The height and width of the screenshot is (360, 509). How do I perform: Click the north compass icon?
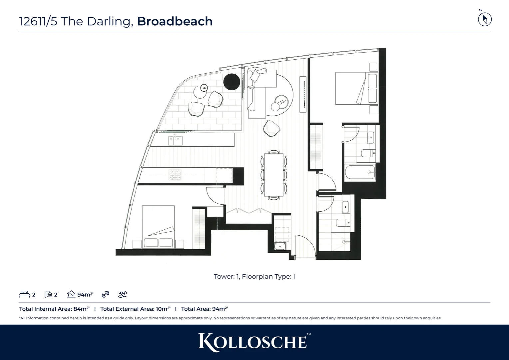(485, 19)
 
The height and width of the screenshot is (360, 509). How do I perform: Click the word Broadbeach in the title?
(175, 21)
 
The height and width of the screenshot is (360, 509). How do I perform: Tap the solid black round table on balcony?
(232, 82)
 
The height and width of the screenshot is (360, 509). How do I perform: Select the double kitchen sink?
(175, 140)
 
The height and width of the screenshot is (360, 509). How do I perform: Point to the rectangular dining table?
(273, 175)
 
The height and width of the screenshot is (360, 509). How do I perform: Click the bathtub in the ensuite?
(360, 173)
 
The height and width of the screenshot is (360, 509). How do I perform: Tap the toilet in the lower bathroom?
(343, 223)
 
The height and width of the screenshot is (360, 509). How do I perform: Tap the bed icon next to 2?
(24, 294)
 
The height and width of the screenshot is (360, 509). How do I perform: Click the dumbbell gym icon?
(105, 294)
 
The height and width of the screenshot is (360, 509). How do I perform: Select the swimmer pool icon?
(123, 294)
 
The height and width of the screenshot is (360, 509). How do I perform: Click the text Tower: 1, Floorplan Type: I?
(254, 277)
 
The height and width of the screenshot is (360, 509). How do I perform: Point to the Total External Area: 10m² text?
(135, 309)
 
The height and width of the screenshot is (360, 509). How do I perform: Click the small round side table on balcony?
(203, 88)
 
